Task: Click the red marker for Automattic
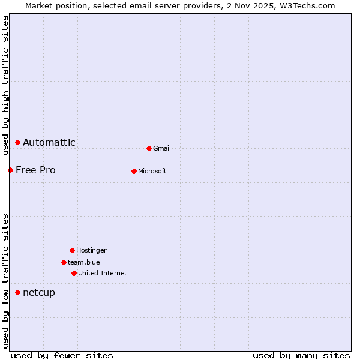(x=18, y=142)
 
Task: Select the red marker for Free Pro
(x=10, y=170)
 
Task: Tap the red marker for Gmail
(x=149, y=148)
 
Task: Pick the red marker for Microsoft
(x=134, y=171)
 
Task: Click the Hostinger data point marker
(x=72, y=250)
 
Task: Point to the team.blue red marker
(x=64, y=262)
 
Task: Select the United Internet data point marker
(x=74, y=273)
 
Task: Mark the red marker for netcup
(x=18, y=292)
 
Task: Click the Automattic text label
(x=49, y=142)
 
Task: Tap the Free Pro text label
(x=35, y=170)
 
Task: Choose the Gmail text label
(x=162, y=148)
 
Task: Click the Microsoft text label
(x=152, y=171)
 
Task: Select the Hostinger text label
(x=91, y=250)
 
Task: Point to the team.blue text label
(x=84, y=262)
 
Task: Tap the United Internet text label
(x=103, y=273)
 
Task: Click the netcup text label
(x=39, y=292)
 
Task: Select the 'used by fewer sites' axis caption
(x=62, y=355)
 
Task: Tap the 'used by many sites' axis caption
(x=301, y=355)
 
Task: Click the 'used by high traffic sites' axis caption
(x=5, y=85)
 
